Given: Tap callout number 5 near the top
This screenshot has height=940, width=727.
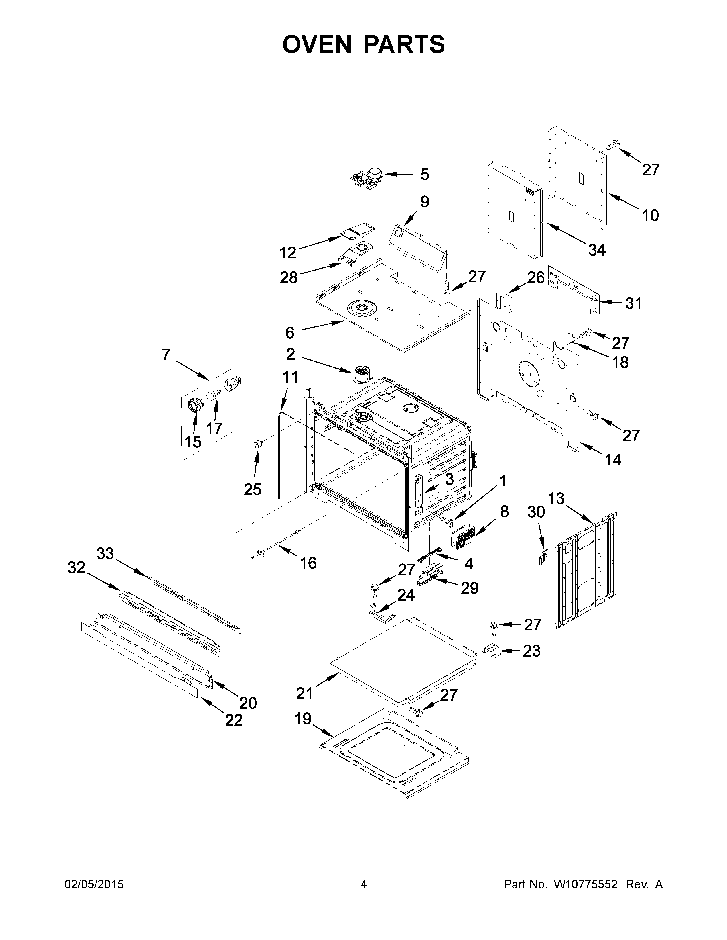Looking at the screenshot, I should (425, 174).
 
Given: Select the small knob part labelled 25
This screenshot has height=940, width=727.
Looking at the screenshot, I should (258, 444).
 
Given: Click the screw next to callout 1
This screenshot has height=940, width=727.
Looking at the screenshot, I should (448, 522).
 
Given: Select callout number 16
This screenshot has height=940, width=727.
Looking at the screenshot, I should (308, 563).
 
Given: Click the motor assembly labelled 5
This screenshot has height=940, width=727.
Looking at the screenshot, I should (366, 178).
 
